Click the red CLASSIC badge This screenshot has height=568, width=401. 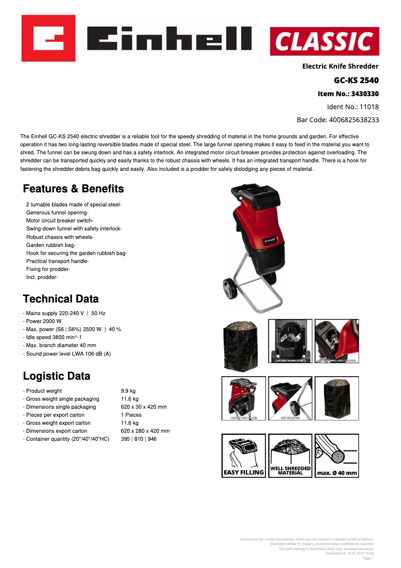tap(324, 42)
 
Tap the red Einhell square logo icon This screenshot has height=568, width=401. tap(48, 38)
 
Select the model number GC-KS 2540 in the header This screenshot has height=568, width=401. tap(356, 80)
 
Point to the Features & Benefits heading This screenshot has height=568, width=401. tap(73, 189)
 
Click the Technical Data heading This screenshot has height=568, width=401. tap(60, 299)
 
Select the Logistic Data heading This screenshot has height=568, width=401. tap(56, 376)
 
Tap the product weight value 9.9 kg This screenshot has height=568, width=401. tap(128, 391)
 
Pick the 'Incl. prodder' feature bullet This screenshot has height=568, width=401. tap(42, 277)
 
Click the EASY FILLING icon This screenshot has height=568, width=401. tap(243, 455)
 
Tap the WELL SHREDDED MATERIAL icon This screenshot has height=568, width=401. tap(290, 455)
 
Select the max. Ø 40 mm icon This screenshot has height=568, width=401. tap(336, 455)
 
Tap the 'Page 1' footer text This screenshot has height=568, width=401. tap(367, 558)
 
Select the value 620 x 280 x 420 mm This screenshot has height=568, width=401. tap(145, 431)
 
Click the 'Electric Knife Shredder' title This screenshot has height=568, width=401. tap(340, 66)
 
